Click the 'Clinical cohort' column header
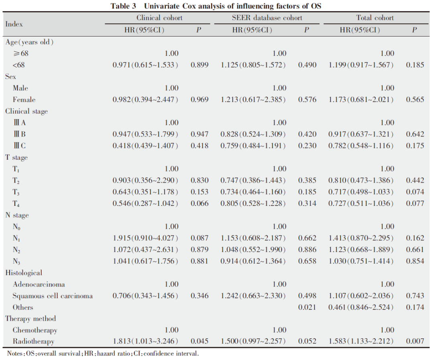click(159, 18)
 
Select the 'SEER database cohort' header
click(267, 18)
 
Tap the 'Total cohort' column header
click(375, 18)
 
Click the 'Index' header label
click(14, 24)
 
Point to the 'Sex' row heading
click(10, 77)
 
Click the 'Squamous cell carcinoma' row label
click(53, 296)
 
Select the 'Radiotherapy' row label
click(33, 342)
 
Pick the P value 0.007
click(415, 341)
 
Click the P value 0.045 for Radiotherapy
click(199, 341)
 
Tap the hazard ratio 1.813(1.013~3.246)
click(145, 341)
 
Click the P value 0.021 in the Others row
click(307, 307)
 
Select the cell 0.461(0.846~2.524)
click(361, 307)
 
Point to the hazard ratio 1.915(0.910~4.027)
click(145, 238)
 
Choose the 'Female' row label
click(24, 100)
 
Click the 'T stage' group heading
click(16, 157)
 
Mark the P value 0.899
click(199, 65)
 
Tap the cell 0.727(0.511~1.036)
click(361, 203)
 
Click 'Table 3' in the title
click(123, 6)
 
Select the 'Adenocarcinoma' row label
click(38, 284)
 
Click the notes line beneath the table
click(103, 353)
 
